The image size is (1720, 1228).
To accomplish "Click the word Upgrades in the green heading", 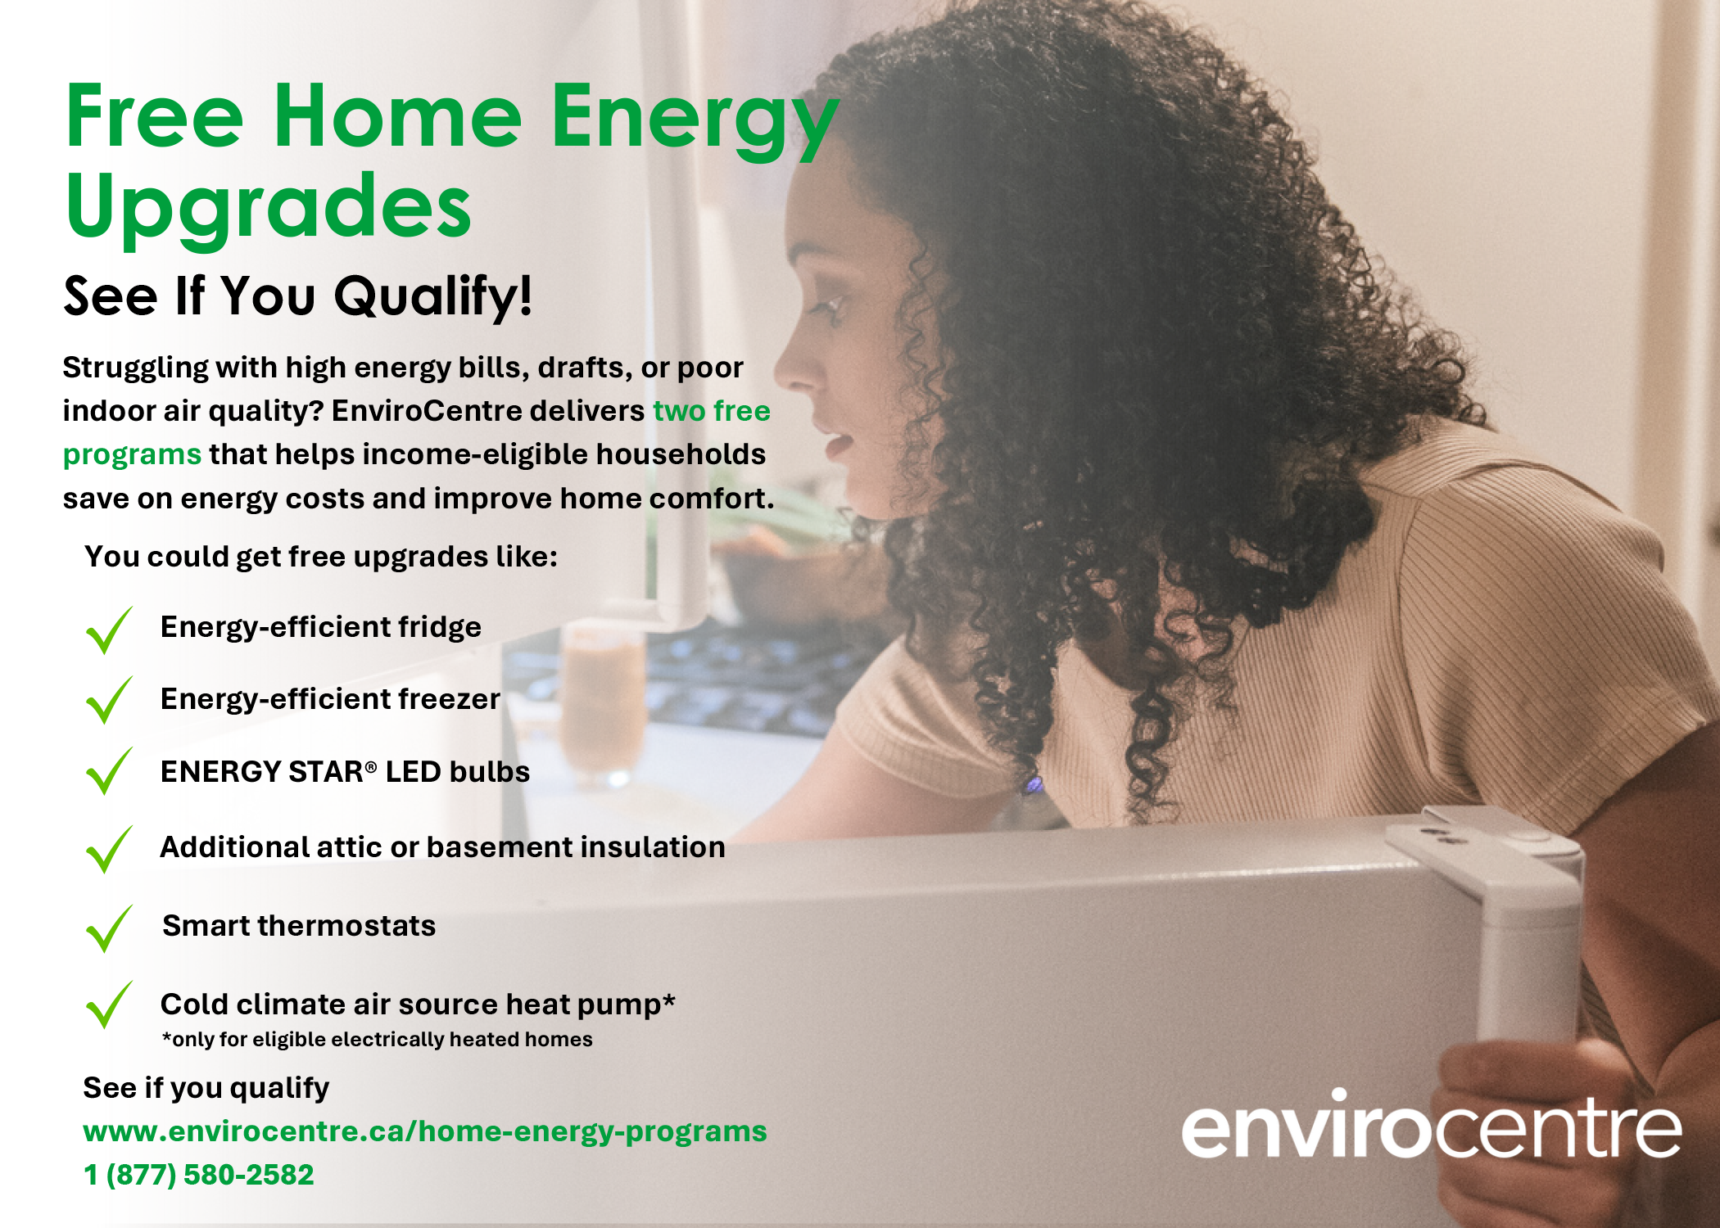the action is pyautogui.click(x=269, y=209).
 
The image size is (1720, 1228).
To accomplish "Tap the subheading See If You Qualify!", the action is pyautogui.click(x=298, y=296).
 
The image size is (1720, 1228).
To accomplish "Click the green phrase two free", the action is pyautogui.click(x=711, y=411).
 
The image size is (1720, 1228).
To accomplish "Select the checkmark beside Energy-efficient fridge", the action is pyautogui.click(x=108, y=630).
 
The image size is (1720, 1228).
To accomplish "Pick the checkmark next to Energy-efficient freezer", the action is pyautogui.click(x=108, y=701).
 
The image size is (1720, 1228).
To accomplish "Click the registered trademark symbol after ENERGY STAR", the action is pyautogui.click(x=371, y=767).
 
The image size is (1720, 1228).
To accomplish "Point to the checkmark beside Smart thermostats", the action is pyautogui.click(x=108, y=929).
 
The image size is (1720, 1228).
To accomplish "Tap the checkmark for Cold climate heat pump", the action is pyautogui.click(x=108, y=1005).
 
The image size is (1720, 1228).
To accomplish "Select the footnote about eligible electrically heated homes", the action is pyautogui.click(x=377, y=1040).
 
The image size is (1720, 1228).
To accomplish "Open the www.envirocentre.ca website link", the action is pyautogui.click(x=425, y=1132).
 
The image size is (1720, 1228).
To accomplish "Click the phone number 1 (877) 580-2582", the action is pyautogui.click(x=198, y=1175).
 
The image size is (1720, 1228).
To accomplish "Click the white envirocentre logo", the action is pyautogui.click(x=1431, y=1125).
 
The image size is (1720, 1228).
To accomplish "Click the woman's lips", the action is pyautogui.click(x=837, y=446).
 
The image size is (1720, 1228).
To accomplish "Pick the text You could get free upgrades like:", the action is pyautogui.click(x=321, y=557).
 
